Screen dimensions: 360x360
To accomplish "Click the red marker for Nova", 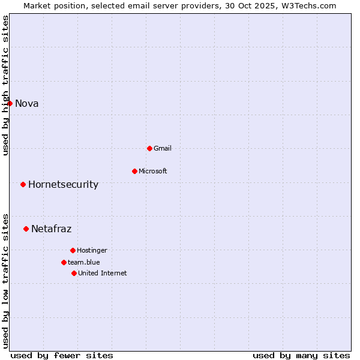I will pos(10,103).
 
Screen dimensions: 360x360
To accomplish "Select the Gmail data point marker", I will pos(149,148).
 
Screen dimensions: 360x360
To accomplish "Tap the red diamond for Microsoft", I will pos(134,171).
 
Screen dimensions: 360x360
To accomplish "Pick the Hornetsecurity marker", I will pos(23,184).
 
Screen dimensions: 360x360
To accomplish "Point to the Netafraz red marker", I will pos(26,229).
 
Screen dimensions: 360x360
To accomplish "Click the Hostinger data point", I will pos(73,250).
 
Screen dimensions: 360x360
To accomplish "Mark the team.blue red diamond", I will pos(64,262).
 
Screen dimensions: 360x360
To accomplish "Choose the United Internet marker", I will pos(74,273).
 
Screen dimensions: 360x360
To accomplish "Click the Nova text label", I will pos(27,103).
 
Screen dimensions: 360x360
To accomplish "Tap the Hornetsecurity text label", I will pos(63,184).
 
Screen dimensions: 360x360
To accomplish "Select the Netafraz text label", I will pos(51,229).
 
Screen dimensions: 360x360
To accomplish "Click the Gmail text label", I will pos(163,148).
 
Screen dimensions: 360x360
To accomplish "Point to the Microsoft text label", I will pos(153,171).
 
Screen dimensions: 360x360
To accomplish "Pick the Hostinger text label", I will pos(92,250).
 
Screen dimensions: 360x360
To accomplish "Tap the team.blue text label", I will pos(84,262).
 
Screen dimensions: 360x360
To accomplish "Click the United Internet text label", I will pos(103,273).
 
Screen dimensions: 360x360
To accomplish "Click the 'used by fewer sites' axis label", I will pos(62,355).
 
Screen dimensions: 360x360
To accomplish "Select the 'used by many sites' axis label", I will pos(301,355).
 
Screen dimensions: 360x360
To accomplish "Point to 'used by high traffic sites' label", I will pos(6,85).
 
